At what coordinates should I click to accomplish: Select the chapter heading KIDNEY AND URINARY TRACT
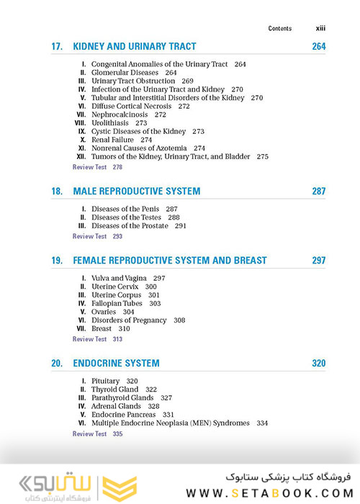134,47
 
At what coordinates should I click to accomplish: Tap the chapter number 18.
57,192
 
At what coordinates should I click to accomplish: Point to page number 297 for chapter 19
318,261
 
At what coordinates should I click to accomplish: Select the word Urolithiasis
111,123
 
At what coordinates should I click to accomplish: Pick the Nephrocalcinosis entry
120,114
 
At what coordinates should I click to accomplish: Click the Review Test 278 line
97,167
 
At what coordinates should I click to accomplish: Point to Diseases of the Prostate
129,226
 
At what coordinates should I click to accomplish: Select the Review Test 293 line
97,236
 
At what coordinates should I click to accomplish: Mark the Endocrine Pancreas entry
123,415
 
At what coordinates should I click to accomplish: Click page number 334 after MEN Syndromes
261,423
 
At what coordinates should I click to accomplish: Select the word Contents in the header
280,29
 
